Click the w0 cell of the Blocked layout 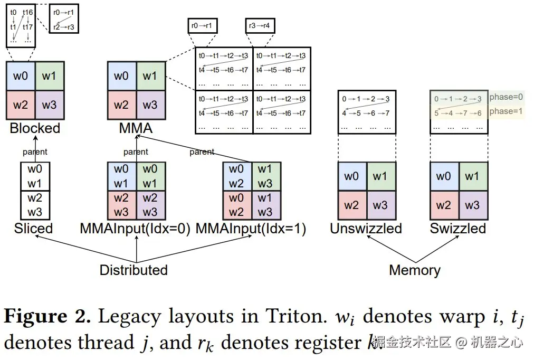click(21, 76)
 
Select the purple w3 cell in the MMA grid click(150, 105)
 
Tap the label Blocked click(35, 128)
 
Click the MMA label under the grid click(136, 128)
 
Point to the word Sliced click(33, 229)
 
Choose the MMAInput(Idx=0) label click(135, 229)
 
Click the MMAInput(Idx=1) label click(251, 229)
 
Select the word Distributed click(133, 270)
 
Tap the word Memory click(415, 270)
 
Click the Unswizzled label click(366, 229)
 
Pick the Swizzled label click(458, 229)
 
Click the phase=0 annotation click(506, 97)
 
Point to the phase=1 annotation click(506, 111)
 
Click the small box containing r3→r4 click(260, 25)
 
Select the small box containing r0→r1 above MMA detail click(203, 25)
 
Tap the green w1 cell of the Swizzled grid click(473, 176)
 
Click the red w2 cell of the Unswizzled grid click(352, 205)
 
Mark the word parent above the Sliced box click(35, 152)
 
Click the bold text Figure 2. click(47, 316)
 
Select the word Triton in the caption click(295, 316)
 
